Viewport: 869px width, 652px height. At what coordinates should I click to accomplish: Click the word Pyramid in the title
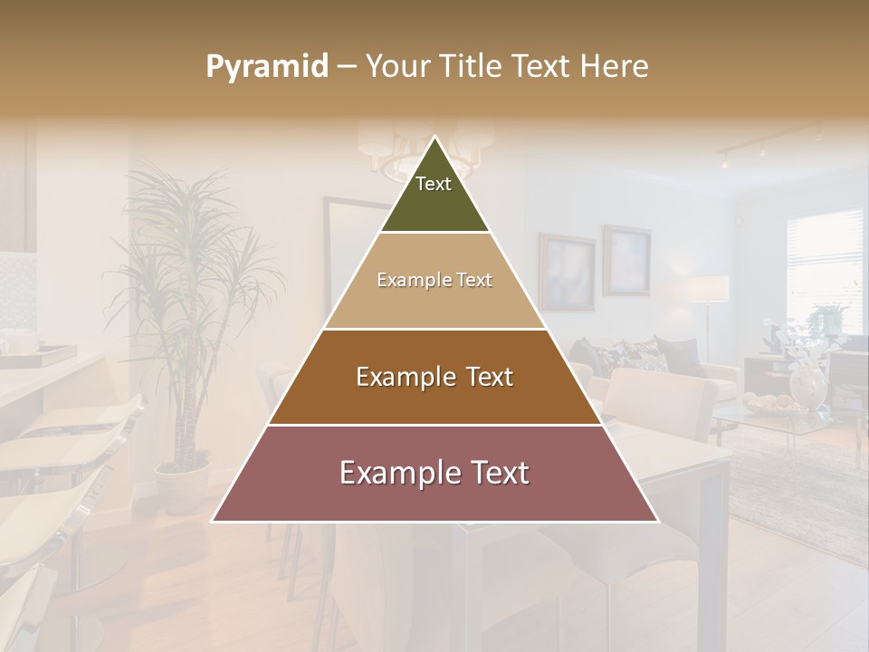(266, 67)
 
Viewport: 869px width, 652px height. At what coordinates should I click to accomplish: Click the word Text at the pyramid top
(434, 184)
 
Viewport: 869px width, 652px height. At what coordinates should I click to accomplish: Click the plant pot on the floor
(182, 484)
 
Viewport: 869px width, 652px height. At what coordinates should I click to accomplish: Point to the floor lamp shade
(709, 289)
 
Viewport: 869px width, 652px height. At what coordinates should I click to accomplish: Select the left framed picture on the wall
(567, 272)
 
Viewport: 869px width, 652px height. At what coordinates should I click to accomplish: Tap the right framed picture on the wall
(626, 260)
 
